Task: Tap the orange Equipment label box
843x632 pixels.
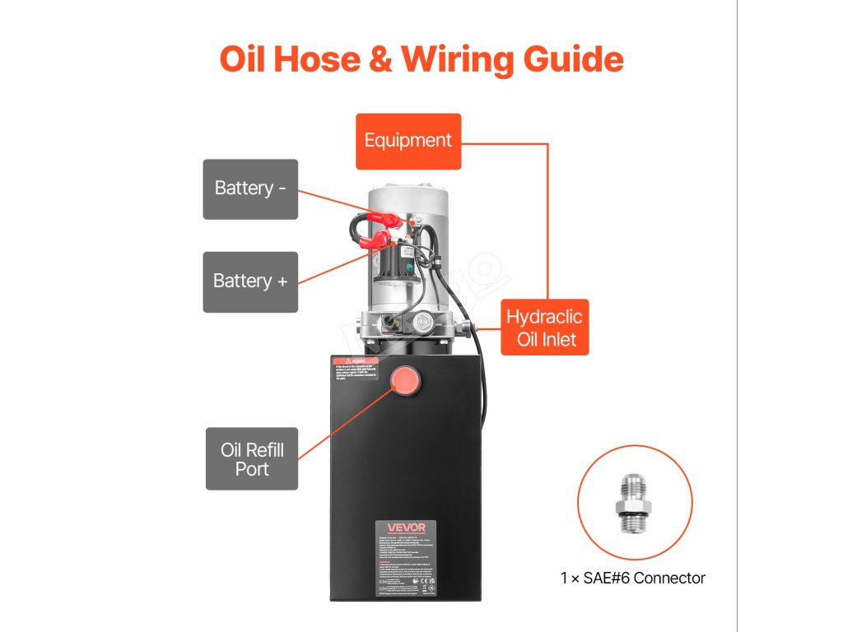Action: [408, 141]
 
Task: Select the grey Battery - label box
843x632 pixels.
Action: [250, 188]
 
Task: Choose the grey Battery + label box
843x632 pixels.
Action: [250, 281]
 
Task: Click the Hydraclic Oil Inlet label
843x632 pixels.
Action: [544, 328]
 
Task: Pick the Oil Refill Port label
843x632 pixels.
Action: [252, 460]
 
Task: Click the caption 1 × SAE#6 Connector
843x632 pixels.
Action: [633, 578]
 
